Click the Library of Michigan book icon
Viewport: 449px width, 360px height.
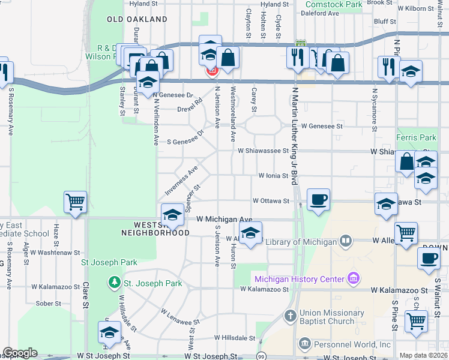point(346,242)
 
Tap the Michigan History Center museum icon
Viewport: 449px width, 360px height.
point(354,279)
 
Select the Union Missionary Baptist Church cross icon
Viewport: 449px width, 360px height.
point(289,316)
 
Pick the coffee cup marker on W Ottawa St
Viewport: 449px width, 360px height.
point(318,199)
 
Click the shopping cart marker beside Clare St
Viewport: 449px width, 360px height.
point(76,202)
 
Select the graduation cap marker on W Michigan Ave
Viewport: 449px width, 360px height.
point(172,215)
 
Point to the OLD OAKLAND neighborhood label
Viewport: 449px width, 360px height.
point(137,20)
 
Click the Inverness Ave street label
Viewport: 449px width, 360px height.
point(181,182)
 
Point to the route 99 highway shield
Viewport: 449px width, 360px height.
point(261,356)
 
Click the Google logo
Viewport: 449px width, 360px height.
point(20,353)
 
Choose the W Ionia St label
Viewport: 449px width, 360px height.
point(273,176)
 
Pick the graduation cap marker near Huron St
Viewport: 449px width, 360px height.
point(250,233)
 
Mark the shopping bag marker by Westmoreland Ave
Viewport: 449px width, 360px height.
point(228,58)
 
